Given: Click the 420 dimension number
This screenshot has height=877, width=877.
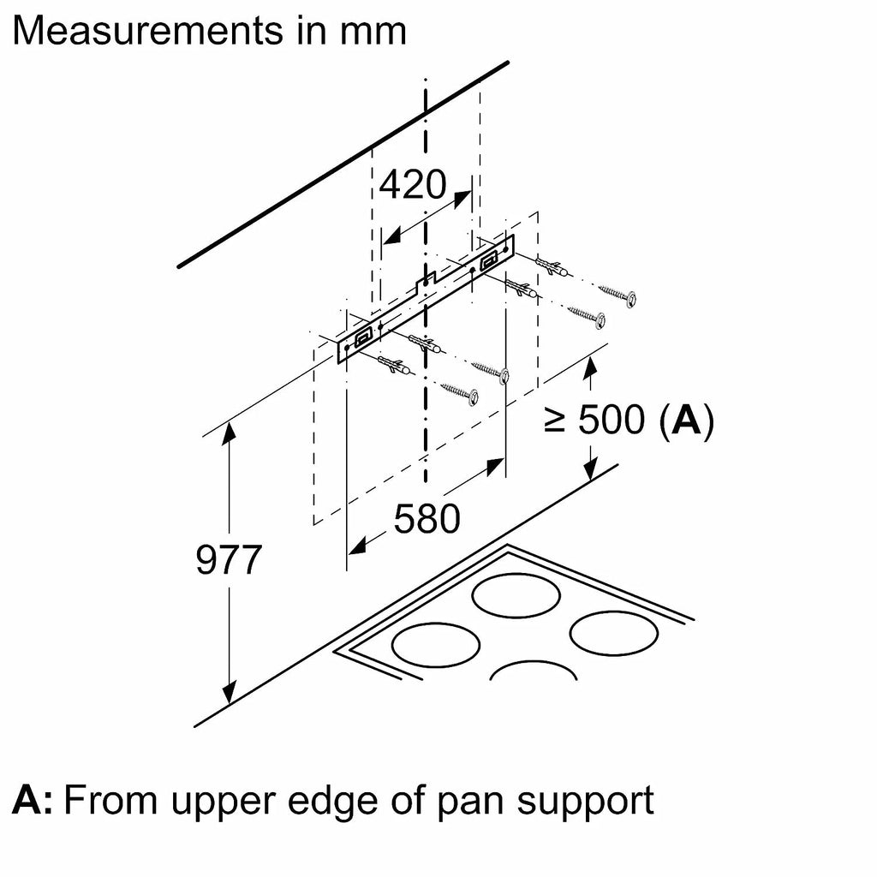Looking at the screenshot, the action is point(413,184).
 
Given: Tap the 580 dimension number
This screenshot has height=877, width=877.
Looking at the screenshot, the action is point(427,519).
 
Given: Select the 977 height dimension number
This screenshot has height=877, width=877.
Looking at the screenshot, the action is point(229,559).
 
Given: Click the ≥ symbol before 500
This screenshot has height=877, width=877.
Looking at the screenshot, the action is point(554,421).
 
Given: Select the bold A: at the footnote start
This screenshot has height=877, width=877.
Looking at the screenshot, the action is point(33,801).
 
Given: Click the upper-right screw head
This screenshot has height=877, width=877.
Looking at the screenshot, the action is point(629,299).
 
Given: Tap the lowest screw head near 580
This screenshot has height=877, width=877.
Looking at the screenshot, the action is point(473,397).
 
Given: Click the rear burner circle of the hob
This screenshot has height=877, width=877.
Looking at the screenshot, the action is point(516,594).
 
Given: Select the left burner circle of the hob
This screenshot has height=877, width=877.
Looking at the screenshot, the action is point(436,644).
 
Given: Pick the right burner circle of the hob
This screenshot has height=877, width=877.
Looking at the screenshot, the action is point(613,633).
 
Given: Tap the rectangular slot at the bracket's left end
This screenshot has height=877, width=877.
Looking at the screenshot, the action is point(363,335).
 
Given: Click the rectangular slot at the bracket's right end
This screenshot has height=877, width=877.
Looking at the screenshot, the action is point(489,259).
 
